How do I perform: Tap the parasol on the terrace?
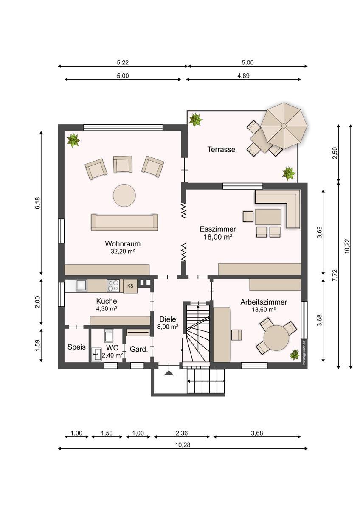[284, 126]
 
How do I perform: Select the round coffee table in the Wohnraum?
[124, 195]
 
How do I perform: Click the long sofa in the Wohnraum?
[124, 222]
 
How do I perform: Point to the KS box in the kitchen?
[130, 286]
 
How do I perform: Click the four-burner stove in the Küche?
[113, 285]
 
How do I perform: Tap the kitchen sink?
[81, 285]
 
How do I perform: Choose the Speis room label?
[76, 347]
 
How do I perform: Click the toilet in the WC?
[109, 336]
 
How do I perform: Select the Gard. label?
[139, 349]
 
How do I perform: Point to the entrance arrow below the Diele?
[169, 373]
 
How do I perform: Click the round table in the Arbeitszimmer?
[276, 338]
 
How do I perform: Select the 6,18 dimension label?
[37, 203]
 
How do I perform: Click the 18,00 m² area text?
[218, 237]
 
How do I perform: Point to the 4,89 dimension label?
[243, 76]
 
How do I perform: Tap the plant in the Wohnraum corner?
[73, 140]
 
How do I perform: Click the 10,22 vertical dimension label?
[347, 246]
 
